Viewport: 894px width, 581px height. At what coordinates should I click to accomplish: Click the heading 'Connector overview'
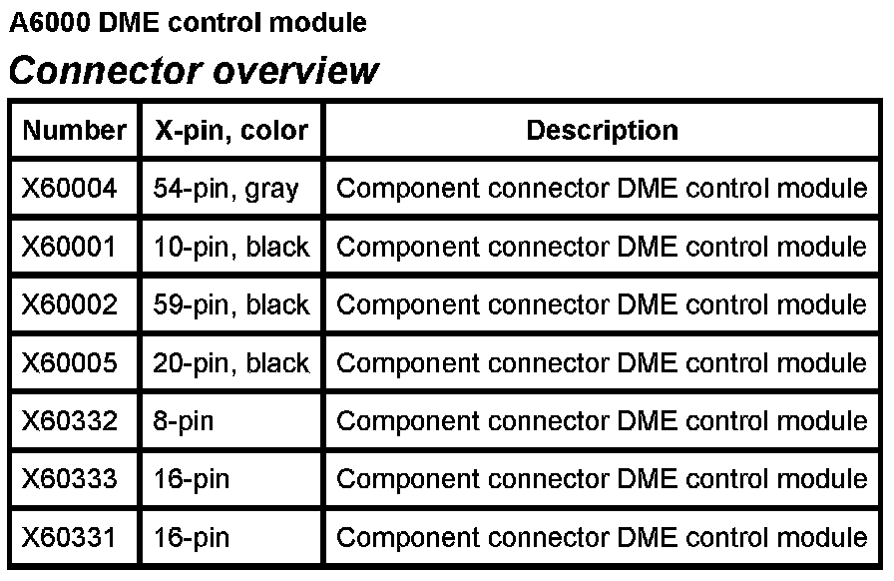194,71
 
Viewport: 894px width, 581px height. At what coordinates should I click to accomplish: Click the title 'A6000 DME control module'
188,22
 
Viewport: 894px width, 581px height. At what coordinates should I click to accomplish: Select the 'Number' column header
74,130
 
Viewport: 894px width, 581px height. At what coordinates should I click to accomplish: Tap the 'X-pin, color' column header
231,130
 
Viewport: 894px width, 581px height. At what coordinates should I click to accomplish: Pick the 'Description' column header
602,130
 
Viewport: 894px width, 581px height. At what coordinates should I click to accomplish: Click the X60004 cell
70,188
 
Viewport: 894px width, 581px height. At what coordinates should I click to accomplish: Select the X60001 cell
70,246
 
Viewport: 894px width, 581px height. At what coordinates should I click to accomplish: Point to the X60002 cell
70,304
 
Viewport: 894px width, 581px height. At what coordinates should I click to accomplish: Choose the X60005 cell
70,362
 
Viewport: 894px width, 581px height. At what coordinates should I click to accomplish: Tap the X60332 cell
70,420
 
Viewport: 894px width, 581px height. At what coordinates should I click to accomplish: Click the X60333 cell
70,479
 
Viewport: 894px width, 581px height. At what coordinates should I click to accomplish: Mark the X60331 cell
70,537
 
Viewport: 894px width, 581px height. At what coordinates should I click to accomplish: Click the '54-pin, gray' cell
226,188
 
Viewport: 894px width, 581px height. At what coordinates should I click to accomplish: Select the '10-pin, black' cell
231,246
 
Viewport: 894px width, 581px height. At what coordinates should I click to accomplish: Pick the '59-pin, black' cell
231,304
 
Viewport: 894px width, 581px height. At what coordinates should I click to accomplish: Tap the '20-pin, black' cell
231,362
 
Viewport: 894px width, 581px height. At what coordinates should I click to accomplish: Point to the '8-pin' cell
184,420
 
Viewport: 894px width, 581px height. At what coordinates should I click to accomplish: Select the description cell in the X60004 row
602,188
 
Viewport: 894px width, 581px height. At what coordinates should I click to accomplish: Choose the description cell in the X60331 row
602,537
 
